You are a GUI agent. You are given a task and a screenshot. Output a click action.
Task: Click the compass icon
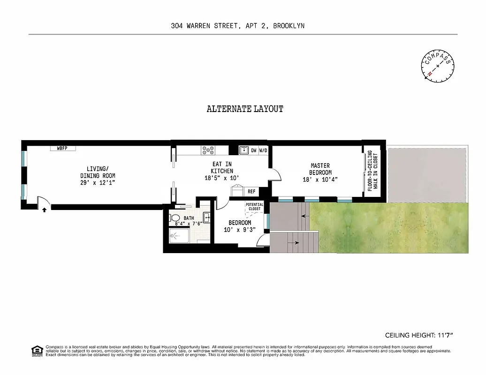438,66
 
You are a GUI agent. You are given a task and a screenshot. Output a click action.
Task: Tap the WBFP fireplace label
62,148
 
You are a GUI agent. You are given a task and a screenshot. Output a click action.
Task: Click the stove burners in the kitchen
208,150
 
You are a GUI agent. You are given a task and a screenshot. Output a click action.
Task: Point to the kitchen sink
244,150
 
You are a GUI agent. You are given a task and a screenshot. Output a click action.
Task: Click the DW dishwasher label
253,150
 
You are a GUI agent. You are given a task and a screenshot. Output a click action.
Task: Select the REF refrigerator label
251,191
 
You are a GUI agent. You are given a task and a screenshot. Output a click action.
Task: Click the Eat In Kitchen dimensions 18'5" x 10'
222,178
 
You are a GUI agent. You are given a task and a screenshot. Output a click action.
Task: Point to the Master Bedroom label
320,169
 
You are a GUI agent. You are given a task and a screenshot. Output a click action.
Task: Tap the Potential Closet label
254,207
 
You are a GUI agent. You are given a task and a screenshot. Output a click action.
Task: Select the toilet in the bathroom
175,218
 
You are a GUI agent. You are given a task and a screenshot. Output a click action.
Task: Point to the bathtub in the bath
178,236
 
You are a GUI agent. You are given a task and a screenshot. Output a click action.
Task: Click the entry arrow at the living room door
44,210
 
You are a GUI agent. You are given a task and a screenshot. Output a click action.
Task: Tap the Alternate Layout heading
245,109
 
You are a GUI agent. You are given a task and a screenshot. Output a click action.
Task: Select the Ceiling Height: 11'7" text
419,335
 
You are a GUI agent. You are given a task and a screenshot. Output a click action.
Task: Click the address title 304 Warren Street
237,26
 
